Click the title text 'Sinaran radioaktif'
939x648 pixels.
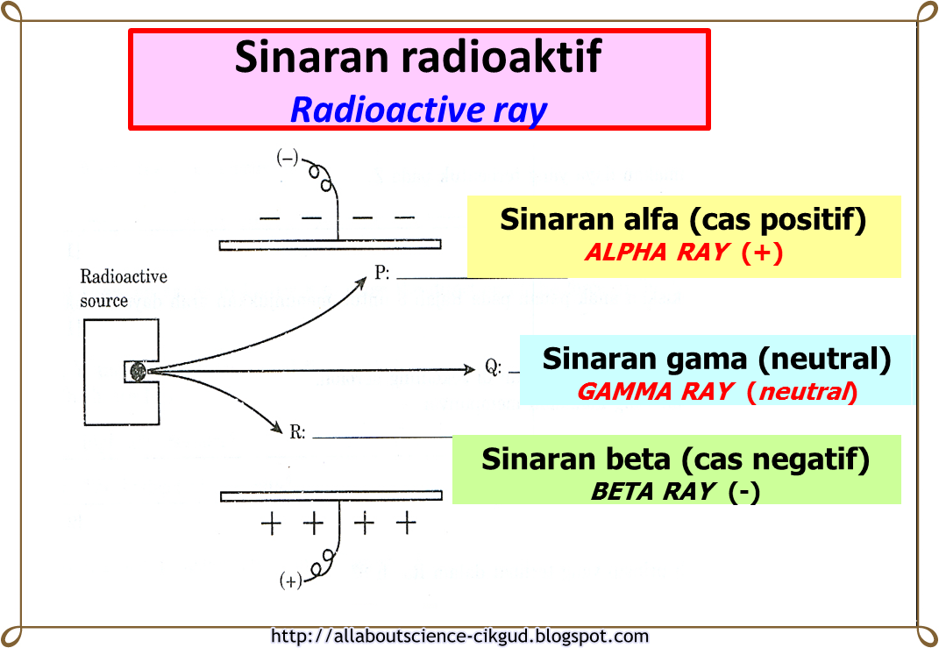[x=418, y=57]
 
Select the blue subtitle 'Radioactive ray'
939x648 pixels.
[x=418, y=110]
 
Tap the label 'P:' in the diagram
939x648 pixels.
[x=382, y=274]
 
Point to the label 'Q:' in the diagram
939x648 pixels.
[x=494, y=368]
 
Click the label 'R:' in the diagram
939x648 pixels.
[x=297, y=431]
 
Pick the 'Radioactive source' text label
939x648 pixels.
[x=124, y=288]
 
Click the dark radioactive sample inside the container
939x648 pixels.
[x=138, y=373]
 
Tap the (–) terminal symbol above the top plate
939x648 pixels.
[x=288, y=159]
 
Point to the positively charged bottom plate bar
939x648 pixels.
[x=330, y=496]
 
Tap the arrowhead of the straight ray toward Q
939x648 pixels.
[x=470, y=369]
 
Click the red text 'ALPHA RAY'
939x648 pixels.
[x=656, y=253]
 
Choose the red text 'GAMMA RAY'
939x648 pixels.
[x=654, y=392]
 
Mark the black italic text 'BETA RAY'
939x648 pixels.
[x=652, y=492]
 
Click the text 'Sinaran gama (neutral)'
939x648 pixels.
[x=716, y=359]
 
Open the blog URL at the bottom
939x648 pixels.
[x=460, y=637]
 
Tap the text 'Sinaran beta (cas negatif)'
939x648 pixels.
[x=675, y=459]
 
